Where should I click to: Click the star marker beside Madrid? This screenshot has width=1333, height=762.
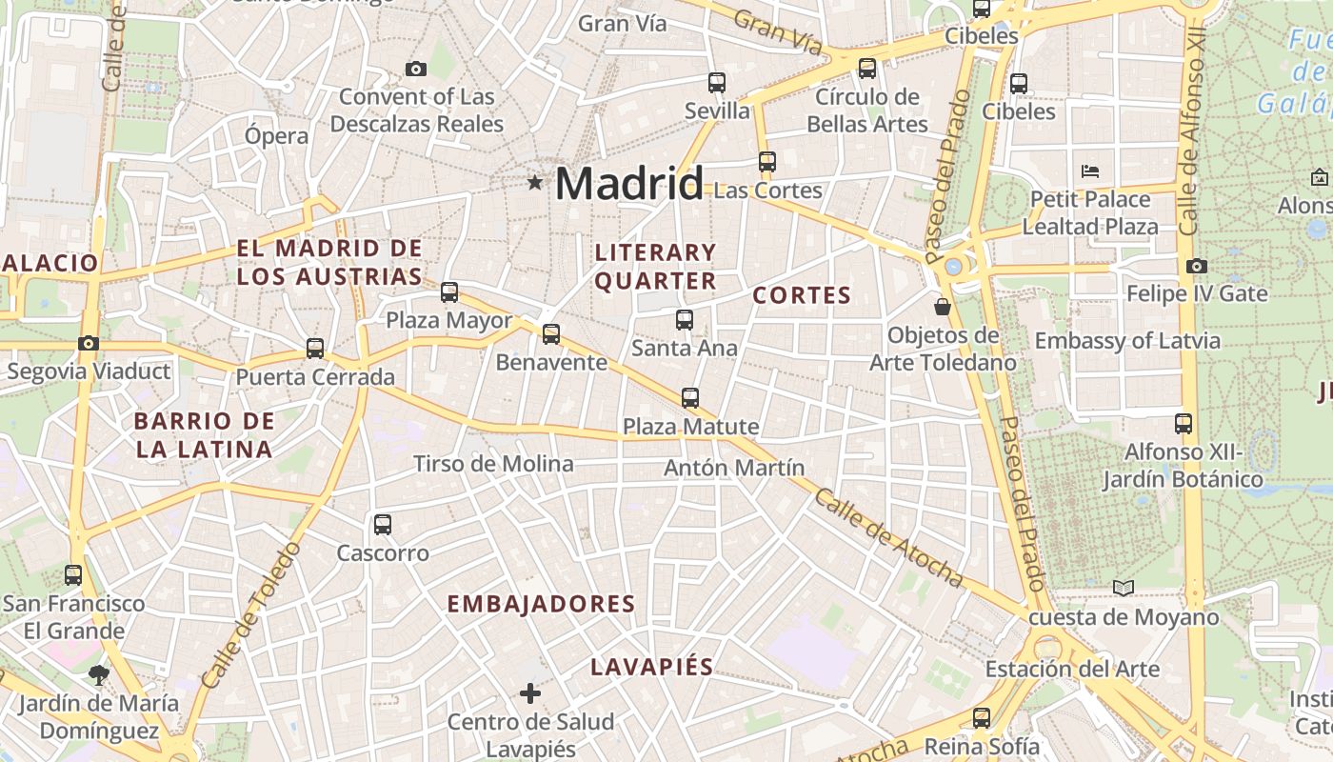535,182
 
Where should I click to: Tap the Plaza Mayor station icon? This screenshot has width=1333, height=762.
449,292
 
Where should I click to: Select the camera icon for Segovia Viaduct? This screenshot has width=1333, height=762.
89,343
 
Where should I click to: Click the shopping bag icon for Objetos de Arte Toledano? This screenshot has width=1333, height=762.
943,307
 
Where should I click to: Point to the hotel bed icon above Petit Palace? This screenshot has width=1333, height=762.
1091,171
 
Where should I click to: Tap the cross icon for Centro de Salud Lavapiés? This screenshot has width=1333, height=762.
530,693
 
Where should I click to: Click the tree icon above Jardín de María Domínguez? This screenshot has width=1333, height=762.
97,675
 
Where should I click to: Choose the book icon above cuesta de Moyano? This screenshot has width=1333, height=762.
1124,588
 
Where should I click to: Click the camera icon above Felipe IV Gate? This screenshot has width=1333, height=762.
1197,266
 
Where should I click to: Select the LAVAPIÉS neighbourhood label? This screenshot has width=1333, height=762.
652,667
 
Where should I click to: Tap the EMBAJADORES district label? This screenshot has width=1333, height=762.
541,604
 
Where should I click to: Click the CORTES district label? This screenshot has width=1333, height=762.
802,295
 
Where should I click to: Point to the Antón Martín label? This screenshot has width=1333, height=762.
734,468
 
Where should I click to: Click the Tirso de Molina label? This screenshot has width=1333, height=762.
493,464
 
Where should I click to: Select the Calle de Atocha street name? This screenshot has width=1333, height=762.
889,538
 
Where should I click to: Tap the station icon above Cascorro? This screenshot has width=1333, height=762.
383,524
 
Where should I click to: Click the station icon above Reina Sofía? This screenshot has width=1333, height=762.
982,718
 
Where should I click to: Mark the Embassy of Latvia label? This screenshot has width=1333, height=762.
1127,340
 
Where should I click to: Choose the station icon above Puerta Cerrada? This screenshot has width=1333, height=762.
315,349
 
